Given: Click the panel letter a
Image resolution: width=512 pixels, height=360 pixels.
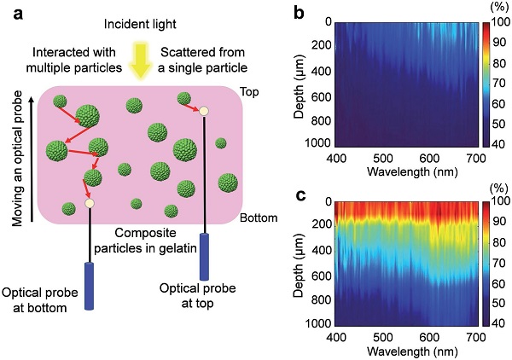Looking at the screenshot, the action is click(18, 14).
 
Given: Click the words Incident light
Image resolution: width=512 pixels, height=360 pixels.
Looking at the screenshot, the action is click(140, 24).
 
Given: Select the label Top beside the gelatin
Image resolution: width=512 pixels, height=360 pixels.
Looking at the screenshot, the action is click(249, 92).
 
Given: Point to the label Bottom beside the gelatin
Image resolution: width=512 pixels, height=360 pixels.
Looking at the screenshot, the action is click(259, 218).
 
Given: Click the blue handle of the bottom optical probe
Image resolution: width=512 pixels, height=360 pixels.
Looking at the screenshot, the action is click(89, 286).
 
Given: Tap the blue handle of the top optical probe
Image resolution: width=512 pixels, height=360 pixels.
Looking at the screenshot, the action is click(205, 257).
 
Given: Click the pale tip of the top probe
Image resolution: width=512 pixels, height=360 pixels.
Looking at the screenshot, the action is click(204, 111).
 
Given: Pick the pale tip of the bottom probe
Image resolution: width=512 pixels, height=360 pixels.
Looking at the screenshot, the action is click(89, 203).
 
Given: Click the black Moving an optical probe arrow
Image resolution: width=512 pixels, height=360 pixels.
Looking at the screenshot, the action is click(32, 160).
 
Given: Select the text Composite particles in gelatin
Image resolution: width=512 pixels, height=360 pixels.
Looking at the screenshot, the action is click(145, 241).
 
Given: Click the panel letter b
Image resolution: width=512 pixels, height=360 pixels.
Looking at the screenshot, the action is click(300, 13).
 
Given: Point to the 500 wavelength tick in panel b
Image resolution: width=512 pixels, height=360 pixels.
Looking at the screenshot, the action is click(382, 158).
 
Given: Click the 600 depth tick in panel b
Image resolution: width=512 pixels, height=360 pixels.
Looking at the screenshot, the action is click(322, 97).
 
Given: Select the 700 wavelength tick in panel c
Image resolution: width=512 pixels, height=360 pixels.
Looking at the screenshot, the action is click(476, 337).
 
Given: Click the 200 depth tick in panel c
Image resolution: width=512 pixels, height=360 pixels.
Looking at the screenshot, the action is click(322, 224).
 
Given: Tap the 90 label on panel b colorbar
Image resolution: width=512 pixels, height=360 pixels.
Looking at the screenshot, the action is click(499, 42).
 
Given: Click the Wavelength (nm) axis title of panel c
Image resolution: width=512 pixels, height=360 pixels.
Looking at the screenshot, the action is click(412, 351).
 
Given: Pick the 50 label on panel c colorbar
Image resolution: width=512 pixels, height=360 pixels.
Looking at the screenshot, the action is click(499, 303).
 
